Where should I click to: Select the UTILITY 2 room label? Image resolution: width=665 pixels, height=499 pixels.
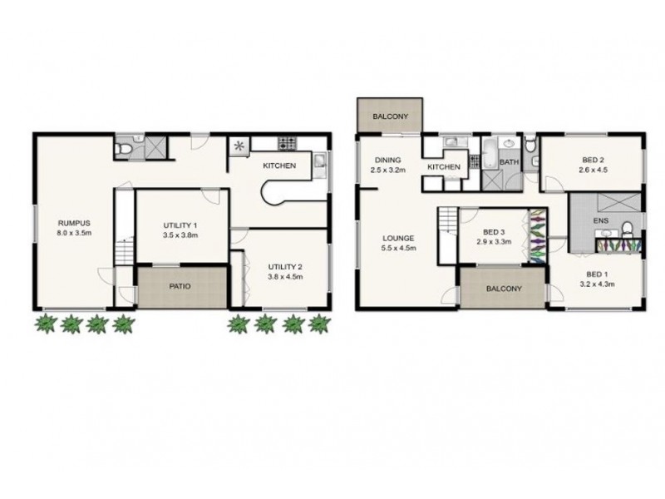coord(285,266)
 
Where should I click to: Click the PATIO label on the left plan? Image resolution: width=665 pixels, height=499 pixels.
coord(180,286)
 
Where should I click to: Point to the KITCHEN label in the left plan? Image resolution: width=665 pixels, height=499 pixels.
coord(279,166)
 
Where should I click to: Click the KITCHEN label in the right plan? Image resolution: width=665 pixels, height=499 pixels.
coord(444,167)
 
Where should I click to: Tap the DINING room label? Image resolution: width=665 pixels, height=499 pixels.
coord(387,160)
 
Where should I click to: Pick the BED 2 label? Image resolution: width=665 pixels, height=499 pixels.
coord(592,161)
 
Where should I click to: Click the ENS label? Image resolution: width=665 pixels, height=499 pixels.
coord(600,221)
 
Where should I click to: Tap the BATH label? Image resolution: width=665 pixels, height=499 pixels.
coord(509,162)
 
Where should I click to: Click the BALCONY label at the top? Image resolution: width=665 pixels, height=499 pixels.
coord(389,116)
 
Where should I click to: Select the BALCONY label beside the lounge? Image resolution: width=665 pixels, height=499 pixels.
coord(504,289)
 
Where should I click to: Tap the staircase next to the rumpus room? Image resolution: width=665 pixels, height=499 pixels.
coord(123,249)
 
